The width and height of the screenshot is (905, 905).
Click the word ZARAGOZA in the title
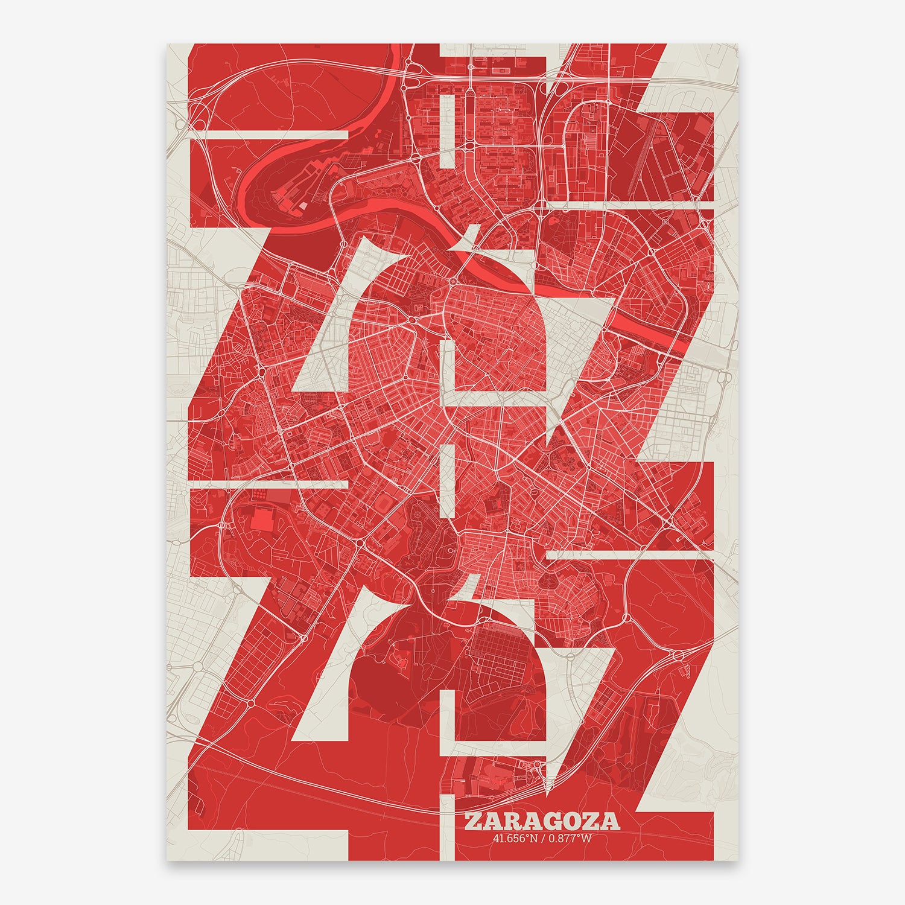pyautogui.click(x=542, y=821)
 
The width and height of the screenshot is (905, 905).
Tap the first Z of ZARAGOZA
pyautogui.click(x=473, y=821)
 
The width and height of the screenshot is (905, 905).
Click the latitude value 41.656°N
pyautogui.click(x=515, y=837)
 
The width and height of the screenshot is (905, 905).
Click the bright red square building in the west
pyautogui.click(x=261, y=519)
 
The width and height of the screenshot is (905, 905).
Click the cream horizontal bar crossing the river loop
pyautogui.click(x=268, y=134)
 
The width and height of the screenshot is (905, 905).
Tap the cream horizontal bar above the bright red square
pyautogui.click(x=268, y=484)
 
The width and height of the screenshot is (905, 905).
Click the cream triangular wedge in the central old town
pyautogui.click(x=471, y=238)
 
